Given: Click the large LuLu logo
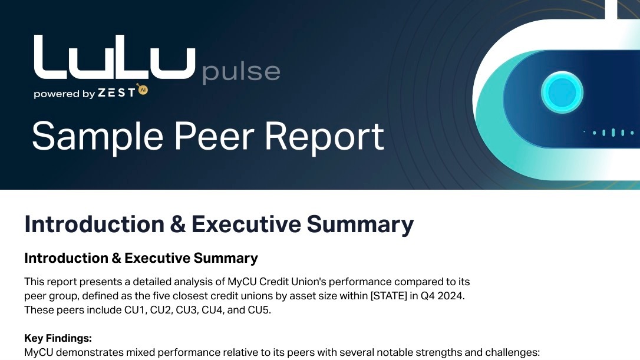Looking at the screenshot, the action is point(115,57).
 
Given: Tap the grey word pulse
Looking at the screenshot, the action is point(241,73).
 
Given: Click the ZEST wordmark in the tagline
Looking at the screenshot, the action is point(116,93).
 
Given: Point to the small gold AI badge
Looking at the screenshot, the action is point(143,90).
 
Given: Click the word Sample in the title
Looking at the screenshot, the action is point(98,137).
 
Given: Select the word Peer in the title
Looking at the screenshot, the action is point(214,136).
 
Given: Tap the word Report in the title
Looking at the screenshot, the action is point(325,137).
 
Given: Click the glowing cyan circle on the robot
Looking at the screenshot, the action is point(562,93).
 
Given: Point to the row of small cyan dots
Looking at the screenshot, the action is point(609,133).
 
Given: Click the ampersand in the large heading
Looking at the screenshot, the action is point(177,224).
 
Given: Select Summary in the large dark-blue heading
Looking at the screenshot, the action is point(360,225).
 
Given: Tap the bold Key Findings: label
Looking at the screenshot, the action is point(58,338).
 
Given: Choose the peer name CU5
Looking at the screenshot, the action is point(258,310).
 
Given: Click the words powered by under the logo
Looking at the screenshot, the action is point(64,94).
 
